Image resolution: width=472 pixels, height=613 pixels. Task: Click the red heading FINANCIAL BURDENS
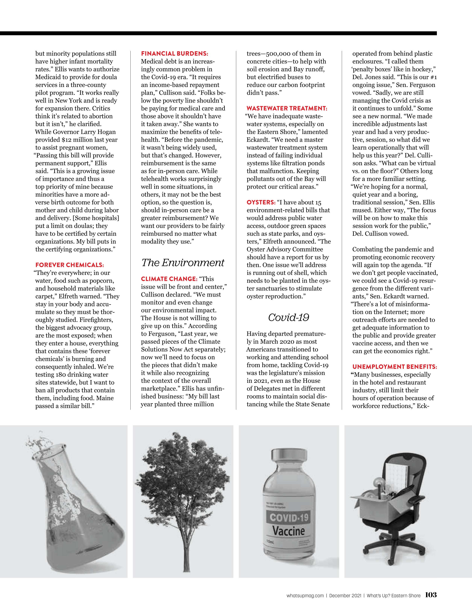174,53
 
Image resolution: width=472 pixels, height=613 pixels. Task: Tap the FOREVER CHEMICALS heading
70,265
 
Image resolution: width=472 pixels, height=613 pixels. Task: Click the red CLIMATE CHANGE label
169,279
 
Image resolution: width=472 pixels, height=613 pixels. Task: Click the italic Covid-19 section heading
288,317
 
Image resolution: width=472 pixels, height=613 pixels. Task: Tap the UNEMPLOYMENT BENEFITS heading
395,367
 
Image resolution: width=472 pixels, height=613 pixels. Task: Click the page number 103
431,594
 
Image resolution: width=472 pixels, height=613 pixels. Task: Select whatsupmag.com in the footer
305,595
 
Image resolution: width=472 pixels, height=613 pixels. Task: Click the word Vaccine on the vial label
288,531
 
